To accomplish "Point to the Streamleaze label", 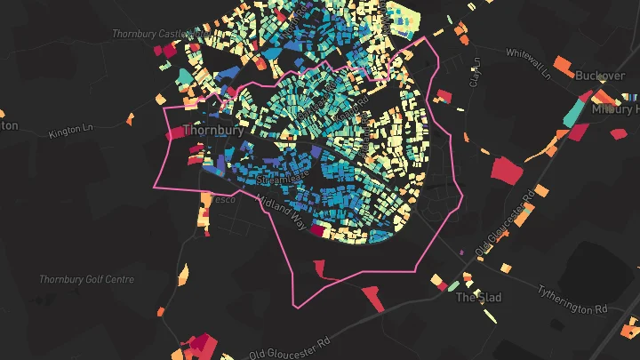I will pyautogui.click(x=280, y=180).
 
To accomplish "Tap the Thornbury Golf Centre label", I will pyautogui.click(x=86, y=279).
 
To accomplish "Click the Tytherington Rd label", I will pyautogui.click(x=572, y=299).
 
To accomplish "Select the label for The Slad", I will pyautogui.click(x=479, y=297).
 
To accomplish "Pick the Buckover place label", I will pyautogui.click(x=600, y=76).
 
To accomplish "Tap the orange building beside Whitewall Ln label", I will pyautogui.click(x=562, y=66).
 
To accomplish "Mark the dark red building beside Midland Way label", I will pyautogui.click(x=317, y=229).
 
